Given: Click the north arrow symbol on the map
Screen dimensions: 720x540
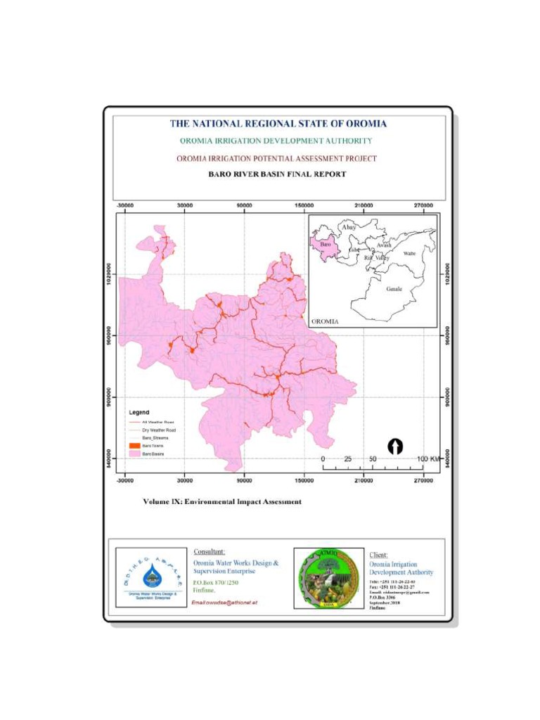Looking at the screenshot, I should pos(396,446).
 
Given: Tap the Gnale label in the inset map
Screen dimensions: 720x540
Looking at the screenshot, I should pos(394,288).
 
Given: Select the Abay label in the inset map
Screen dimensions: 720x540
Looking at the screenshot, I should pos(348,227).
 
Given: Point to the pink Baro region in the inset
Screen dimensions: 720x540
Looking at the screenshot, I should pos(324,246).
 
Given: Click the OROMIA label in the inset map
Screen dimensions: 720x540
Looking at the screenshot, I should pos(325,321).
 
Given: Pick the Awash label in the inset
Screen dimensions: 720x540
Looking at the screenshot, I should pos(384,245).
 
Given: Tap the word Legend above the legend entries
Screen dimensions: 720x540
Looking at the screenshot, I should pos(139,411).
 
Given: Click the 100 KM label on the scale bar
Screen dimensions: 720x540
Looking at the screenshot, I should pos(428,459).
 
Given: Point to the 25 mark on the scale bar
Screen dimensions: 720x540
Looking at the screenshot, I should pos(347,459).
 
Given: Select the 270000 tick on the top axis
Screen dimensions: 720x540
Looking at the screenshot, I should pos(424,205).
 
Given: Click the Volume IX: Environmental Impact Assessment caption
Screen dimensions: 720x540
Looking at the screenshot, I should pos(221,502).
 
